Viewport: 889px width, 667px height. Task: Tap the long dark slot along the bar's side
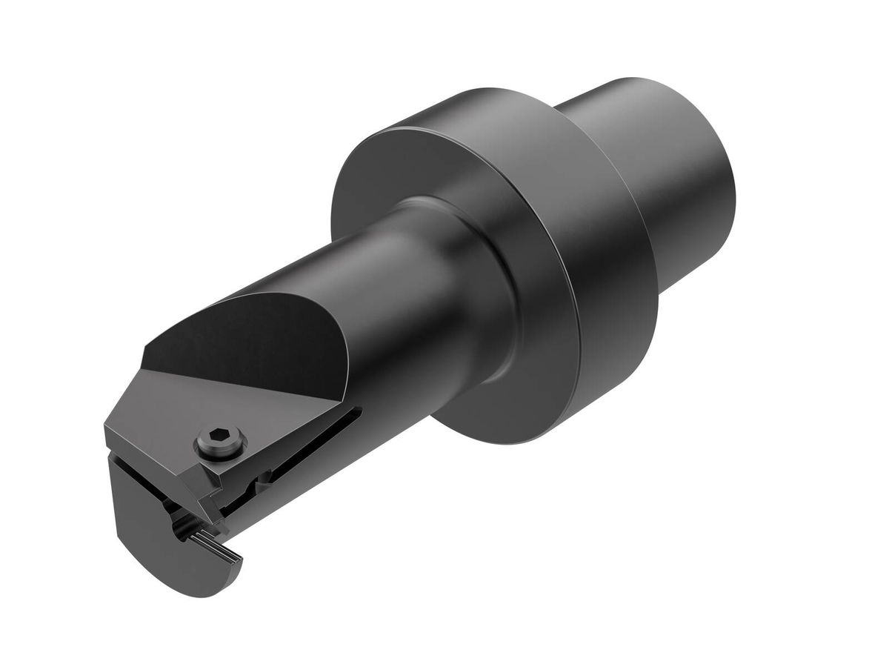pyautogui.click(x=311, y=445)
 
